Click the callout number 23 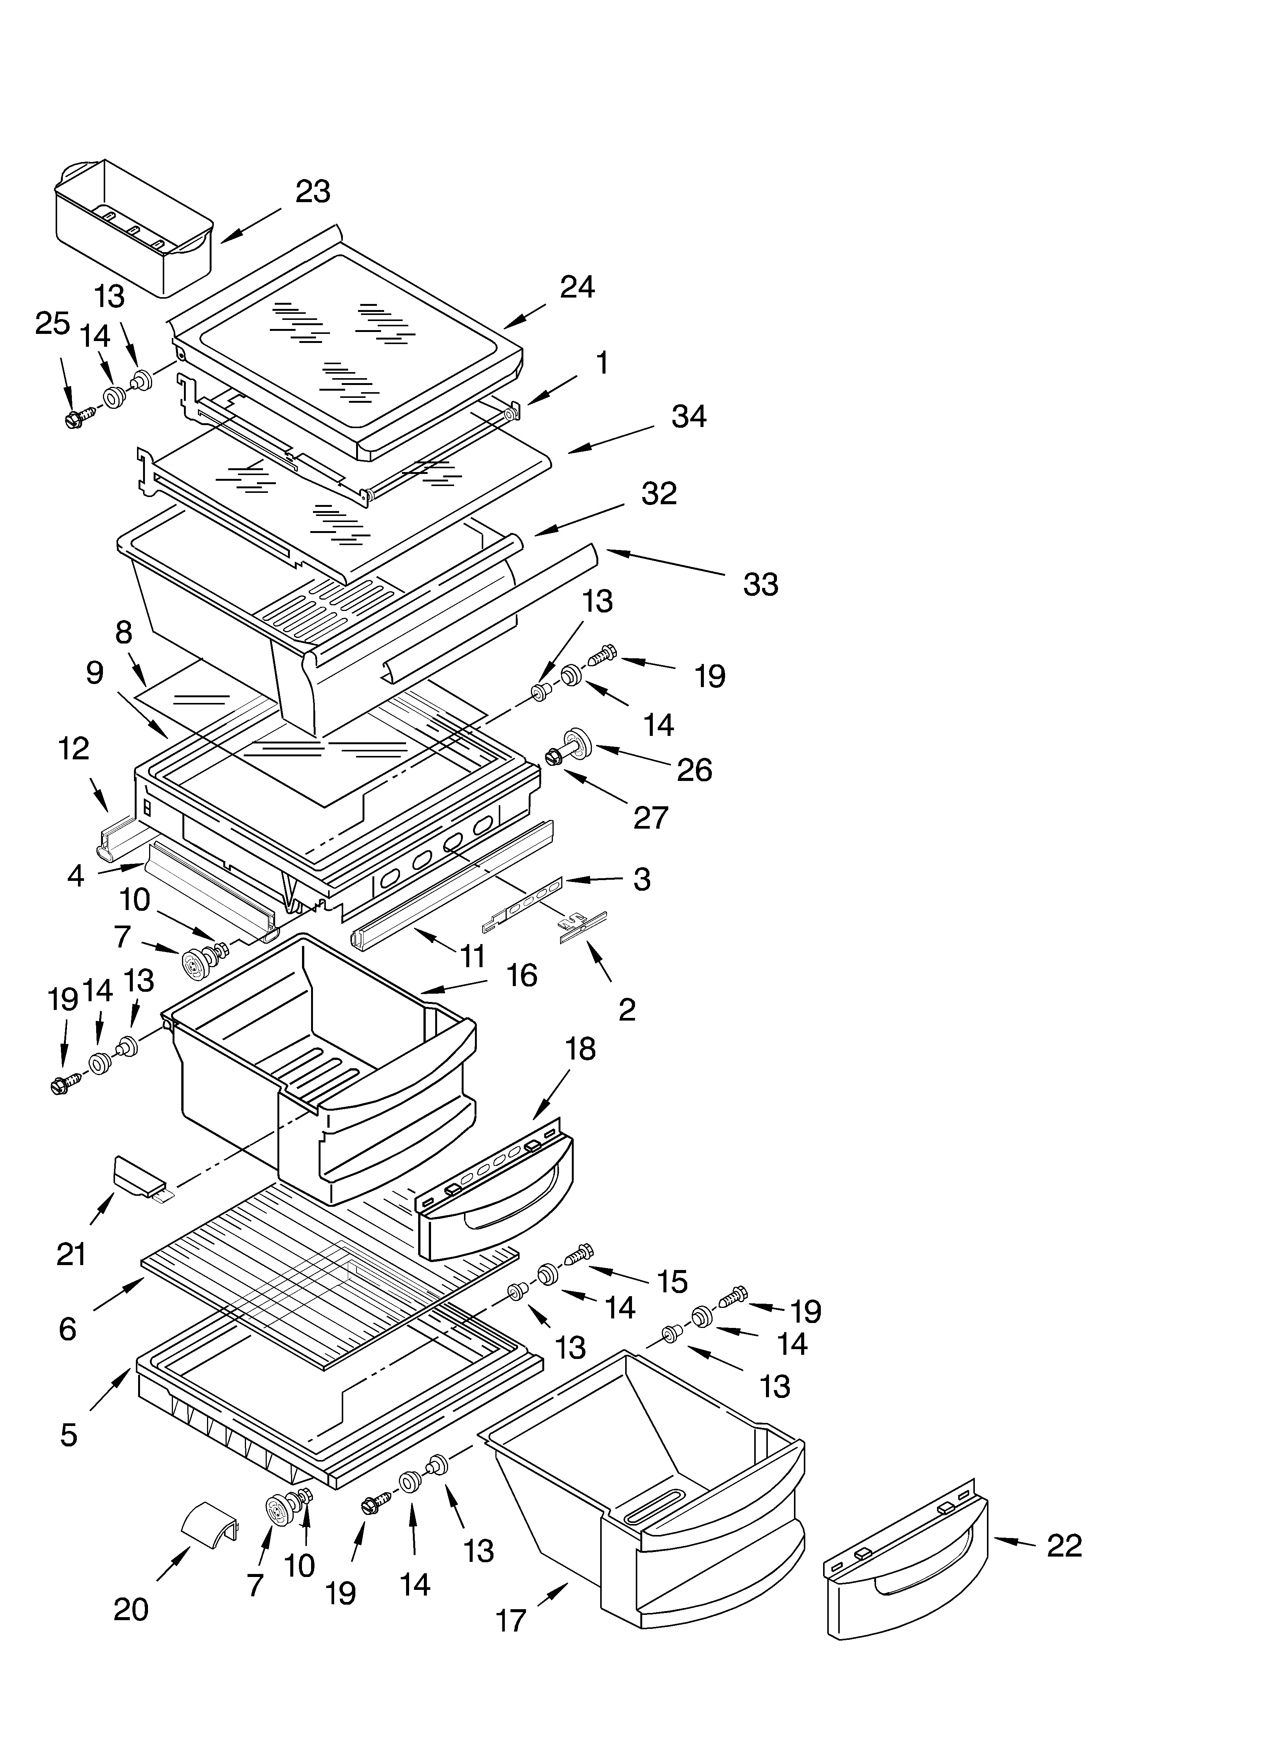313,192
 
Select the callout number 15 672,1282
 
